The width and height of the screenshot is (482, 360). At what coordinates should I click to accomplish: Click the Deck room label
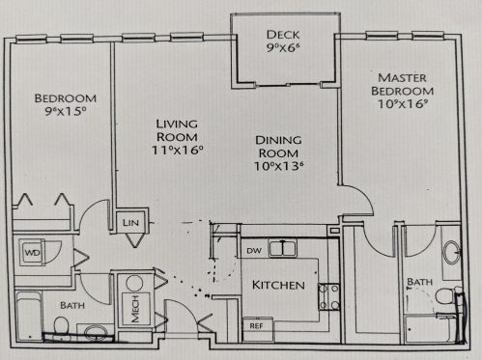click(283, 35)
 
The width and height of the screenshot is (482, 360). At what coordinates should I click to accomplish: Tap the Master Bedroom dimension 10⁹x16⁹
click(403, 104)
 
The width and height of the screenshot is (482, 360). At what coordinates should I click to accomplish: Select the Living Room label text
click(177, 130)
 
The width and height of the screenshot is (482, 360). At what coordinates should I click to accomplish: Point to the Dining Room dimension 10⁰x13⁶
click(279, 166)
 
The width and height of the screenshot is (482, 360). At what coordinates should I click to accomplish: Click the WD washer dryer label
click(33, 253)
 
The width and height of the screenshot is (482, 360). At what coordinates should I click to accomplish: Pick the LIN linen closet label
click(130, 222)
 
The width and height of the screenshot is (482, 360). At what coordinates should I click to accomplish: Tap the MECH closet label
click(135, 309)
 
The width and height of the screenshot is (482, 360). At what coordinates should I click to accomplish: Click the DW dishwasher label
click(254, 251)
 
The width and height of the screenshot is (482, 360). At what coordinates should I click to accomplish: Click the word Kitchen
click(278, 285)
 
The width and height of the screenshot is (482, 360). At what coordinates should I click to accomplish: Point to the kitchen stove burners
click(328, 296)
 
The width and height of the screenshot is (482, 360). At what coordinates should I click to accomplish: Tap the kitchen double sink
click(283, 249)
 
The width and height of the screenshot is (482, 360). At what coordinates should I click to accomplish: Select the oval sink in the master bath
click(452, 253)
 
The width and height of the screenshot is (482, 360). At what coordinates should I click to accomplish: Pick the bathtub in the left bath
click(29, 316)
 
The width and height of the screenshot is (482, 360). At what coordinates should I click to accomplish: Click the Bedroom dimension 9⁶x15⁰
click(66, 111)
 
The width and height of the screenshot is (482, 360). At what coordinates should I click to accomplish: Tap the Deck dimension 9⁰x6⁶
click(283, 47)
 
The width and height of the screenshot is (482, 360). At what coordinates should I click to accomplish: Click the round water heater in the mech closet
click(134, 284)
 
